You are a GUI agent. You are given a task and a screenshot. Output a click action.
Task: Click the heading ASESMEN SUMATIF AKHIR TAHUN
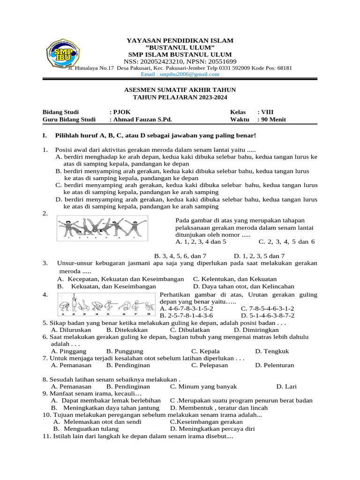click(180, 90)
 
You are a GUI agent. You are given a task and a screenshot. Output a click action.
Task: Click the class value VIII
click(267, 112)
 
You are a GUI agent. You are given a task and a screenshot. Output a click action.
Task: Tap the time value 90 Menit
click(273, 120)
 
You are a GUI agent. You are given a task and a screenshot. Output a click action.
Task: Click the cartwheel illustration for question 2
click(102, 228)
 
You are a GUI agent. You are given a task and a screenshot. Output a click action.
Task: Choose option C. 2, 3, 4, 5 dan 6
click(286, 242)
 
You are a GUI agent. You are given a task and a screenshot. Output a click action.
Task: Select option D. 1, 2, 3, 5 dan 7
click(259, 256)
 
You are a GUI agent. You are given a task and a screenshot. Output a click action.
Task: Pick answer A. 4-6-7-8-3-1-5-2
click(187, 309)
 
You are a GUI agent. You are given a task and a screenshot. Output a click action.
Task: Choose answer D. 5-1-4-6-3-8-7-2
click(268, 316)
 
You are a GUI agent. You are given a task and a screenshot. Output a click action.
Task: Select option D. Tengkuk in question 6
click(272, 351)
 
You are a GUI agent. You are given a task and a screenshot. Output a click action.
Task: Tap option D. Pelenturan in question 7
click(274, 365)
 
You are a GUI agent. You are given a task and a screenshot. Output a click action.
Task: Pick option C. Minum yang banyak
click(203, 387)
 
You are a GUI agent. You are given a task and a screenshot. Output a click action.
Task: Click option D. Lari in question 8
click(286, 387)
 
